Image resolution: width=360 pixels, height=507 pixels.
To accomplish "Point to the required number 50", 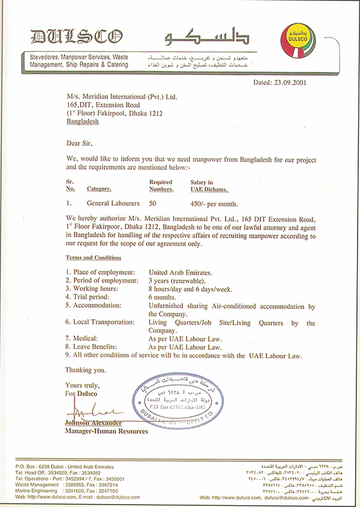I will coord(153,203).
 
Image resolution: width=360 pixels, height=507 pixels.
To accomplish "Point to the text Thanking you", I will coord(85,370).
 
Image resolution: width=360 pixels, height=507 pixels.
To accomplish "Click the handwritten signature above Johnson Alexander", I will coord(90,415).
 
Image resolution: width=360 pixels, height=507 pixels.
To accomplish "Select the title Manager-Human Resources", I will coord(106,431).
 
